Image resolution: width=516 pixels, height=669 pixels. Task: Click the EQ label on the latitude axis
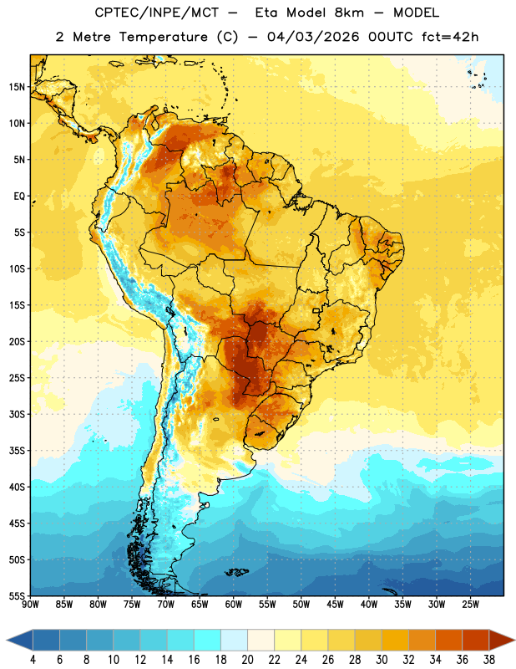click(x=19, y=197)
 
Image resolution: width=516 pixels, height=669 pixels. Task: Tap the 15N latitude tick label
click(x=17, y=87)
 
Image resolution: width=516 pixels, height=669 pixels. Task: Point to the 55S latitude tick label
click(x=17, y=595)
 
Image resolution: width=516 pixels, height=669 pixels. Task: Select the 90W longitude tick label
click(x=30, y=604)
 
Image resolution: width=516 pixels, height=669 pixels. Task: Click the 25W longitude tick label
click(x=470, y=604)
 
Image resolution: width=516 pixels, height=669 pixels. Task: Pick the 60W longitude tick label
click(x=234, y=604)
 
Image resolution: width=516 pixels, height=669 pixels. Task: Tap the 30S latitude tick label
click(x=17, y=414)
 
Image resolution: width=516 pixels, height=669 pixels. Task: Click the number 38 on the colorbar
click(x=489, y=660)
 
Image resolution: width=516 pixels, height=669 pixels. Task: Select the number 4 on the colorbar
click(x=33, y=660)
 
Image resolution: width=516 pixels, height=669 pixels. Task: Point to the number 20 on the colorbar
click(x=247, y=660)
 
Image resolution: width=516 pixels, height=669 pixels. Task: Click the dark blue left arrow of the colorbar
click(x=19, y=641)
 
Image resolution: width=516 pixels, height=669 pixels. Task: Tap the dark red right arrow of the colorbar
click(x=503, y=641)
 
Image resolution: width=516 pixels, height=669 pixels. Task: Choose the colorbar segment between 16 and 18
click(x=207, y=641)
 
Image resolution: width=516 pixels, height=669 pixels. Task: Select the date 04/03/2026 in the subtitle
click(x=313, y=37)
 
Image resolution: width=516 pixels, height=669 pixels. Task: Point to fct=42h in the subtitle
click(x=450, y=37)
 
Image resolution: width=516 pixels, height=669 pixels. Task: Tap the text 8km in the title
click(x=349, y=13)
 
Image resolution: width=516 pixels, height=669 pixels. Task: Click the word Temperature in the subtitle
click(x=163, y=37)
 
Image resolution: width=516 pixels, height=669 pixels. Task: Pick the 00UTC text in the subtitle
click(x=391, y=37)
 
